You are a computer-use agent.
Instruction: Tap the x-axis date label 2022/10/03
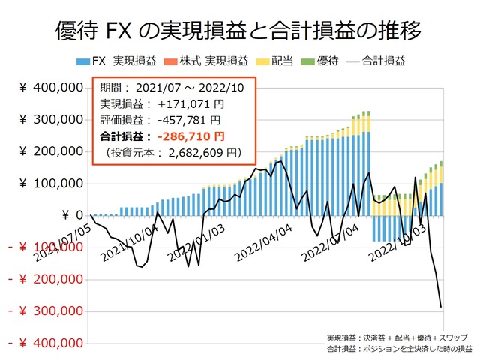399,239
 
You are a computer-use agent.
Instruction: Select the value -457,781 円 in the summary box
187,120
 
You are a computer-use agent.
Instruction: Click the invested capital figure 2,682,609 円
203,153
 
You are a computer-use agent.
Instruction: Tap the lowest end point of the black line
441,306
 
